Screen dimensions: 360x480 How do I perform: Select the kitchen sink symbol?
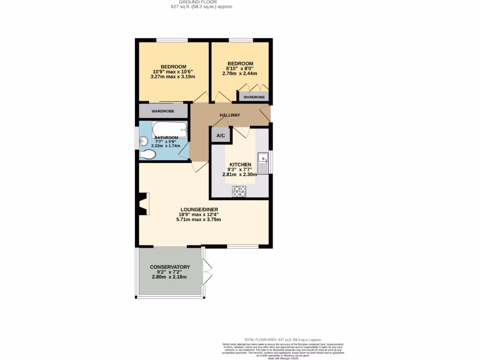tap(263, 163)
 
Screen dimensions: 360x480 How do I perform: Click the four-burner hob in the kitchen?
tap(239, 191)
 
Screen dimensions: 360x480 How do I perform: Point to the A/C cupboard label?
tap(220, 135)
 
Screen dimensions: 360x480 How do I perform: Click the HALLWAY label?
tap(230, 115)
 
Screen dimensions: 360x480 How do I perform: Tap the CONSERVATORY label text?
tap(170, 267)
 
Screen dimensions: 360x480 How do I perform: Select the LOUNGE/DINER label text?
tap(199, 209)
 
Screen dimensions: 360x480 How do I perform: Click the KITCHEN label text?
tap(240, 165)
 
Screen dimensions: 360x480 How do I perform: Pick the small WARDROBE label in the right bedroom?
tap(254, 97)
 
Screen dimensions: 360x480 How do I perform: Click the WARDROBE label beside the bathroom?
tap(163, 111)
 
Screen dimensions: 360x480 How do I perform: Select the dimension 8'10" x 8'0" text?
tap(240, 68)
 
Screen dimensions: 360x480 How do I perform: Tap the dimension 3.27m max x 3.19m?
tap(173, 76)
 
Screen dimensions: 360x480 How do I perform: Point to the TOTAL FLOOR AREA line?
tap(283, 339)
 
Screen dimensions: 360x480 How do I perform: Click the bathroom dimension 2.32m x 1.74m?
tap(165, 146)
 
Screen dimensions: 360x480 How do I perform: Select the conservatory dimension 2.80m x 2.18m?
tap(169, 277)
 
